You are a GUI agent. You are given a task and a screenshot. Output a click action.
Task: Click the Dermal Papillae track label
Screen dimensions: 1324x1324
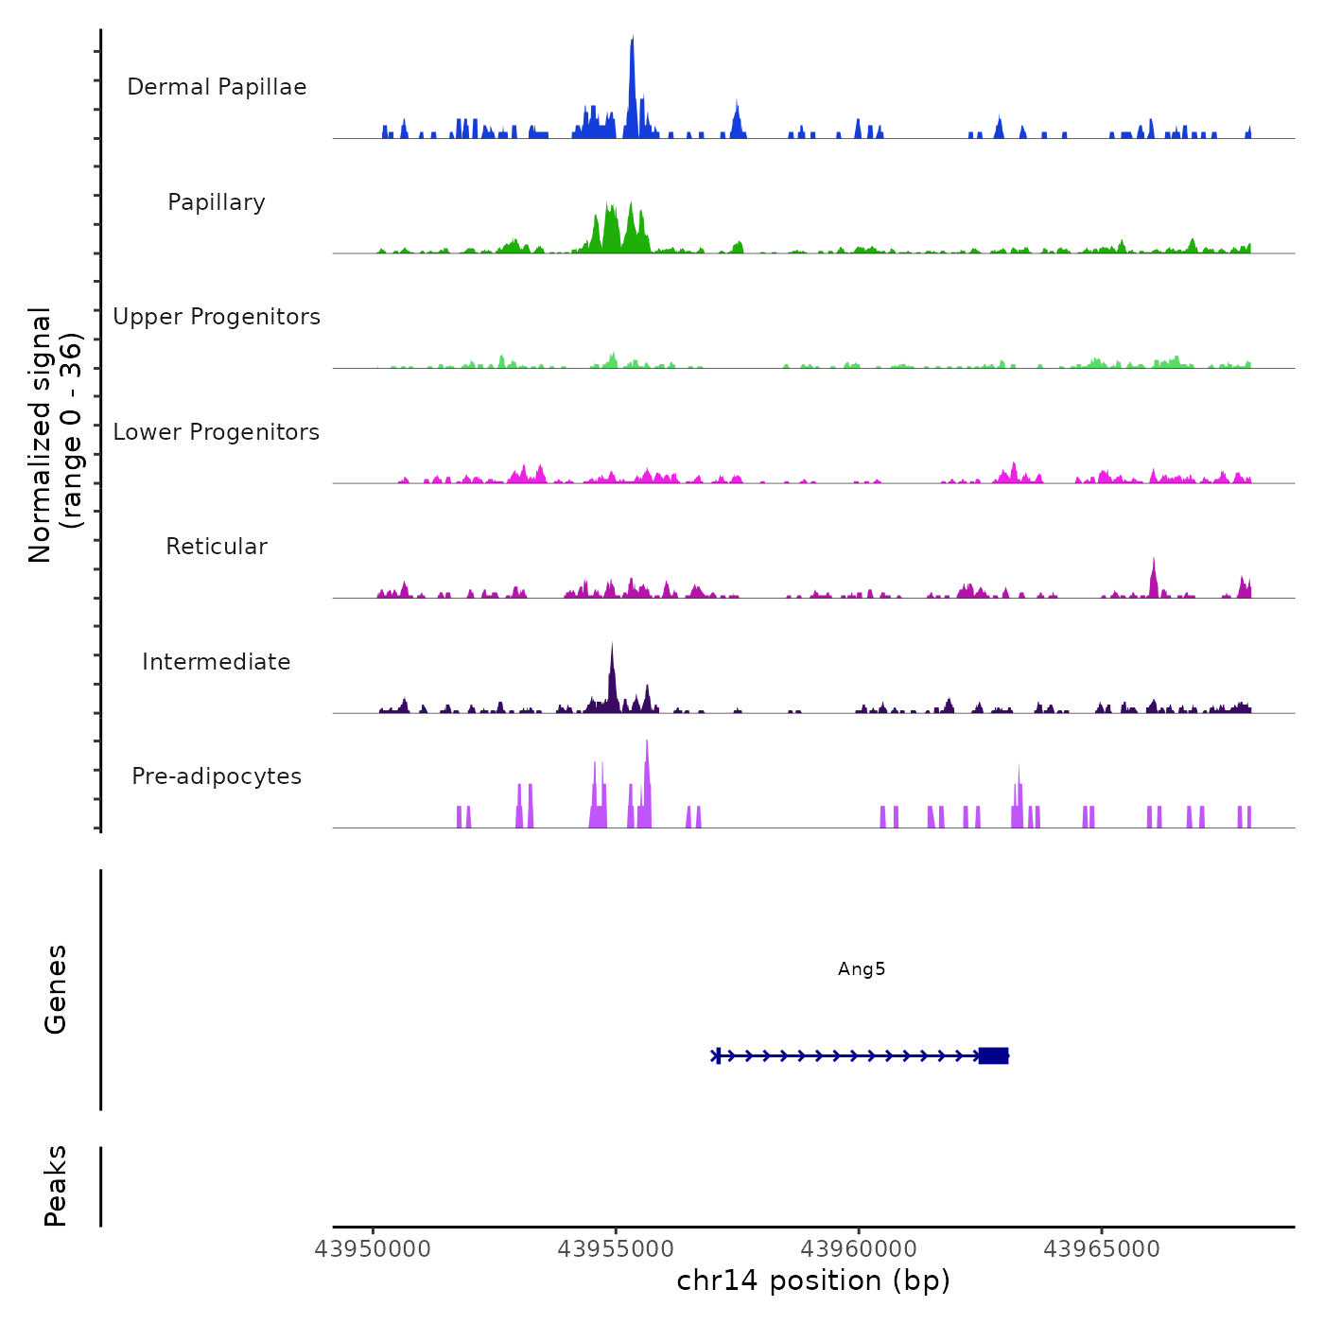click(217, 87)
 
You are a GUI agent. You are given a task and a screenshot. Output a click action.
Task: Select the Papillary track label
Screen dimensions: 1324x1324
click(217, 202)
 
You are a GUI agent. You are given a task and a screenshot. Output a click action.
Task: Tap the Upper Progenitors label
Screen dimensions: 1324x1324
click(217, 317)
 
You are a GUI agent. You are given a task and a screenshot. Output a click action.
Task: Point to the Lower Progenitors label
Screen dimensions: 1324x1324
click(217, 432)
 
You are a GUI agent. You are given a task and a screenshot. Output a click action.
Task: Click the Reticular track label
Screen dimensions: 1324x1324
click(217, 547)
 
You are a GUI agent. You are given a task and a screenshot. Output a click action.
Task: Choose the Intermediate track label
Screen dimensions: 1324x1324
click(217, 662)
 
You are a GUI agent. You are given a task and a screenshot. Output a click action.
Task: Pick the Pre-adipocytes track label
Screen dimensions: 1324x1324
click(217, 776)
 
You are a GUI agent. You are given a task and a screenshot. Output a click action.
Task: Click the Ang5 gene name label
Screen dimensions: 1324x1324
click(862, 969)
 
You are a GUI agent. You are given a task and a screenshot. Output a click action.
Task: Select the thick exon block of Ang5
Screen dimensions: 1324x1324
click(993, 1055)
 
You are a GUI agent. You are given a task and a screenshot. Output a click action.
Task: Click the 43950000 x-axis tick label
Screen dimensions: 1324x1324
click(373, 1249)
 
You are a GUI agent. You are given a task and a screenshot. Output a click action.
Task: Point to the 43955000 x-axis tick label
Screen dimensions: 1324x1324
click(616, 1249)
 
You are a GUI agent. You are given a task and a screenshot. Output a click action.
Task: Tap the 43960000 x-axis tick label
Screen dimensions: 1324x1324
click(859, 1249)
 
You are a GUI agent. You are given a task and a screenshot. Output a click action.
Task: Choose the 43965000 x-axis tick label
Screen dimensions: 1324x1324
click(1102, 1249)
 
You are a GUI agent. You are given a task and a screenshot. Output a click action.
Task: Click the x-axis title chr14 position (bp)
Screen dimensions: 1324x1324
click(813, 1280)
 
